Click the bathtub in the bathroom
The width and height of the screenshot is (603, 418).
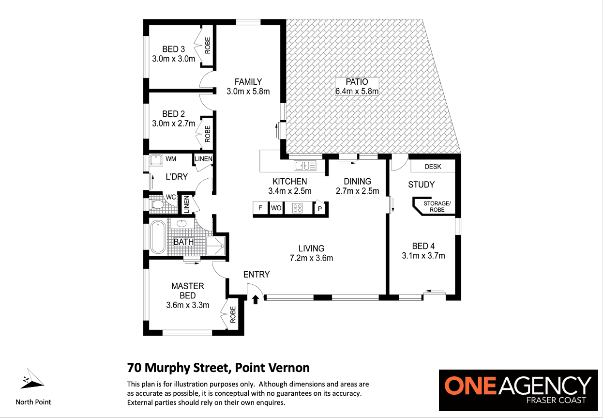(x=158, y=237)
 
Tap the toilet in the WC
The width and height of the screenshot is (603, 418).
(x=157, y=204)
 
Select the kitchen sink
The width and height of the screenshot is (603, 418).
(x=305, y=165)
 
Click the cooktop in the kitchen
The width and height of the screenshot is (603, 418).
(x=298, y=208)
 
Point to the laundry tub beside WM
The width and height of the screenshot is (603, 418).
(x=156, y=159)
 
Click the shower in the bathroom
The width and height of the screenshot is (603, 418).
(x=215, y=246)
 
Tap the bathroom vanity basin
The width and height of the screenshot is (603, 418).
(x=181, y=223)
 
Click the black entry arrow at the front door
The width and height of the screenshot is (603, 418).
(x=256, y=300)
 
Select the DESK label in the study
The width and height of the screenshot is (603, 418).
(x=433, y=167)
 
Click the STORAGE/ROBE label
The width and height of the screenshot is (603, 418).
(x=437, y=206)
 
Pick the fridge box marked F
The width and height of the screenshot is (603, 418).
(x=260, y=208)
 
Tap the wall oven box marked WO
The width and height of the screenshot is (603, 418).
(x=276, y=208)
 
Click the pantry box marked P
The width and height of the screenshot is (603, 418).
(x=320, y=208)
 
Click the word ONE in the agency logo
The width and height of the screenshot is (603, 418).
(x=470, y=386)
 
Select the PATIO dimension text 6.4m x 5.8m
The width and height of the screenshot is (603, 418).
(x=357, y=91)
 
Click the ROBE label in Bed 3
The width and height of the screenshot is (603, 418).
(x=208, y=46)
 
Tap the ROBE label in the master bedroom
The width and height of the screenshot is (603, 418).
(x=233, y=314)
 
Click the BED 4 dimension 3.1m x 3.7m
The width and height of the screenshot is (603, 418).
(x=423, y=255)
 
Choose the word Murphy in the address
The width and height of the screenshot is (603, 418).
(x=168, y=368)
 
